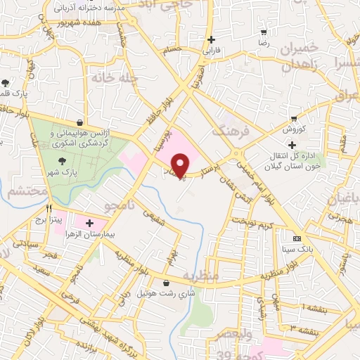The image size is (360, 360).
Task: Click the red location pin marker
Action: pos(181,165)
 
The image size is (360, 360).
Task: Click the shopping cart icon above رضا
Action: pos(264,32)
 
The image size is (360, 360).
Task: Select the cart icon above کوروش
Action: pos(293,118)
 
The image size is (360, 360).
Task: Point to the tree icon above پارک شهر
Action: pos(65,161)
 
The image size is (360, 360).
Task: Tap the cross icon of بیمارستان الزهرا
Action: pos(89,224)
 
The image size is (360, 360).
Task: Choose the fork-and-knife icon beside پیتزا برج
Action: pos(49,209)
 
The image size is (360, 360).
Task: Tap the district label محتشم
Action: pos(27,191)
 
